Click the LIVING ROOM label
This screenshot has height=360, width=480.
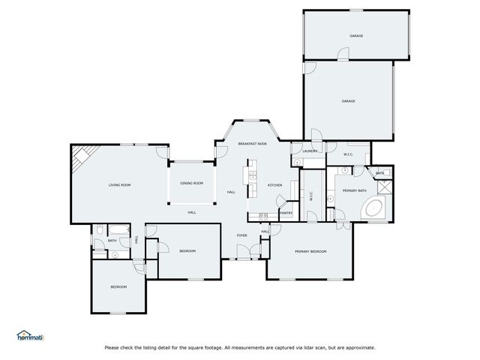(120, 184)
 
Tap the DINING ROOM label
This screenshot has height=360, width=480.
(191, 183)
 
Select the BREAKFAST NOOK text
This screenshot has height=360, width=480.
(253, 142)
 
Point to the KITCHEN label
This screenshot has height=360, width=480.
(274, 184)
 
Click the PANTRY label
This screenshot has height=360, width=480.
(286, 213)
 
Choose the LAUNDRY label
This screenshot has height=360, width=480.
(310, 151)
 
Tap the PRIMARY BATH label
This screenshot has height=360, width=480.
(354, 191)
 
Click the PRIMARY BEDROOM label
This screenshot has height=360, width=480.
(310, 251)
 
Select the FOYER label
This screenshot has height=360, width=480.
(242, 235)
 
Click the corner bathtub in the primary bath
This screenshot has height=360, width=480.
(376, 209)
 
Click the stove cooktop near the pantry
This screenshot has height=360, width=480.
(263, 216)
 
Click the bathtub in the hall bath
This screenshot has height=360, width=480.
(118, 231)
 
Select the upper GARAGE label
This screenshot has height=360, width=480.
(355, 36)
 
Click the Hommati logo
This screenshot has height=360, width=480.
(30, 335)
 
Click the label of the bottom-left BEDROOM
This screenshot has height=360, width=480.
(118, 286)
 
